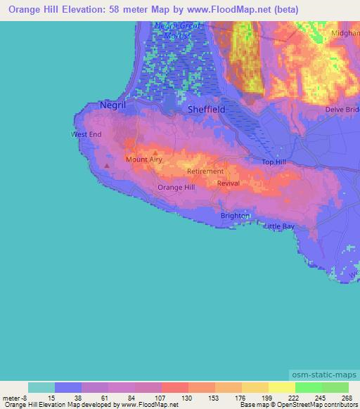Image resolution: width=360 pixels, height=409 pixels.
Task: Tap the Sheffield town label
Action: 206,110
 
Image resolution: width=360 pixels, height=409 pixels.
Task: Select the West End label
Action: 86,134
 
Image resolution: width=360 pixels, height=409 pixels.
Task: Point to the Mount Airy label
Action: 144,160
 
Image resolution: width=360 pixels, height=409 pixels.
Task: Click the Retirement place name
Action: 205,171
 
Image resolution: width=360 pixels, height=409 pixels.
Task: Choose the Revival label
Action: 229,183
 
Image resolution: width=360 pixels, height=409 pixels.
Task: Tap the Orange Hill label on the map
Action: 176,188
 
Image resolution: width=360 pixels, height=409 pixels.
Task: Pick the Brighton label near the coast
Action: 235,216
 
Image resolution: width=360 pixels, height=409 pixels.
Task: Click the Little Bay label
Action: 279,226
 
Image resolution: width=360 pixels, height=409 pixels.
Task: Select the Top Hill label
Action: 274,162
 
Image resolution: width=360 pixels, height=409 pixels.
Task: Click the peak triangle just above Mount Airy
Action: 155,152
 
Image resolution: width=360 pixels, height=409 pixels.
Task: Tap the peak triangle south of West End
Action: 106,167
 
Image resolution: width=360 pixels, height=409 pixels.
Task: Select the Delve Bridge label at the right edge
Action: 342,110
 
